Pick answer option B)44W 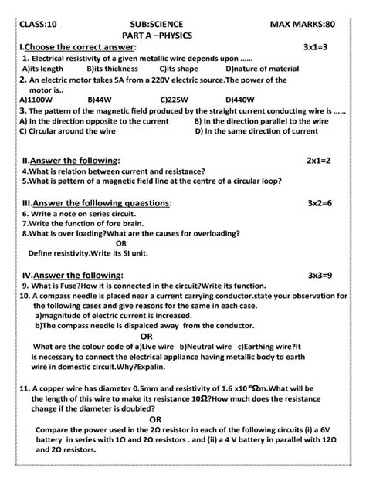click(101, 100)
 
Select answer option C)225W click(175, 100)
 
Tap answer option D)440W click(242, 100)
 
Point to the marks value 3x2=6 click(317, 202)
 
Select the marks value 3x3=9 click(317, 274)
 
